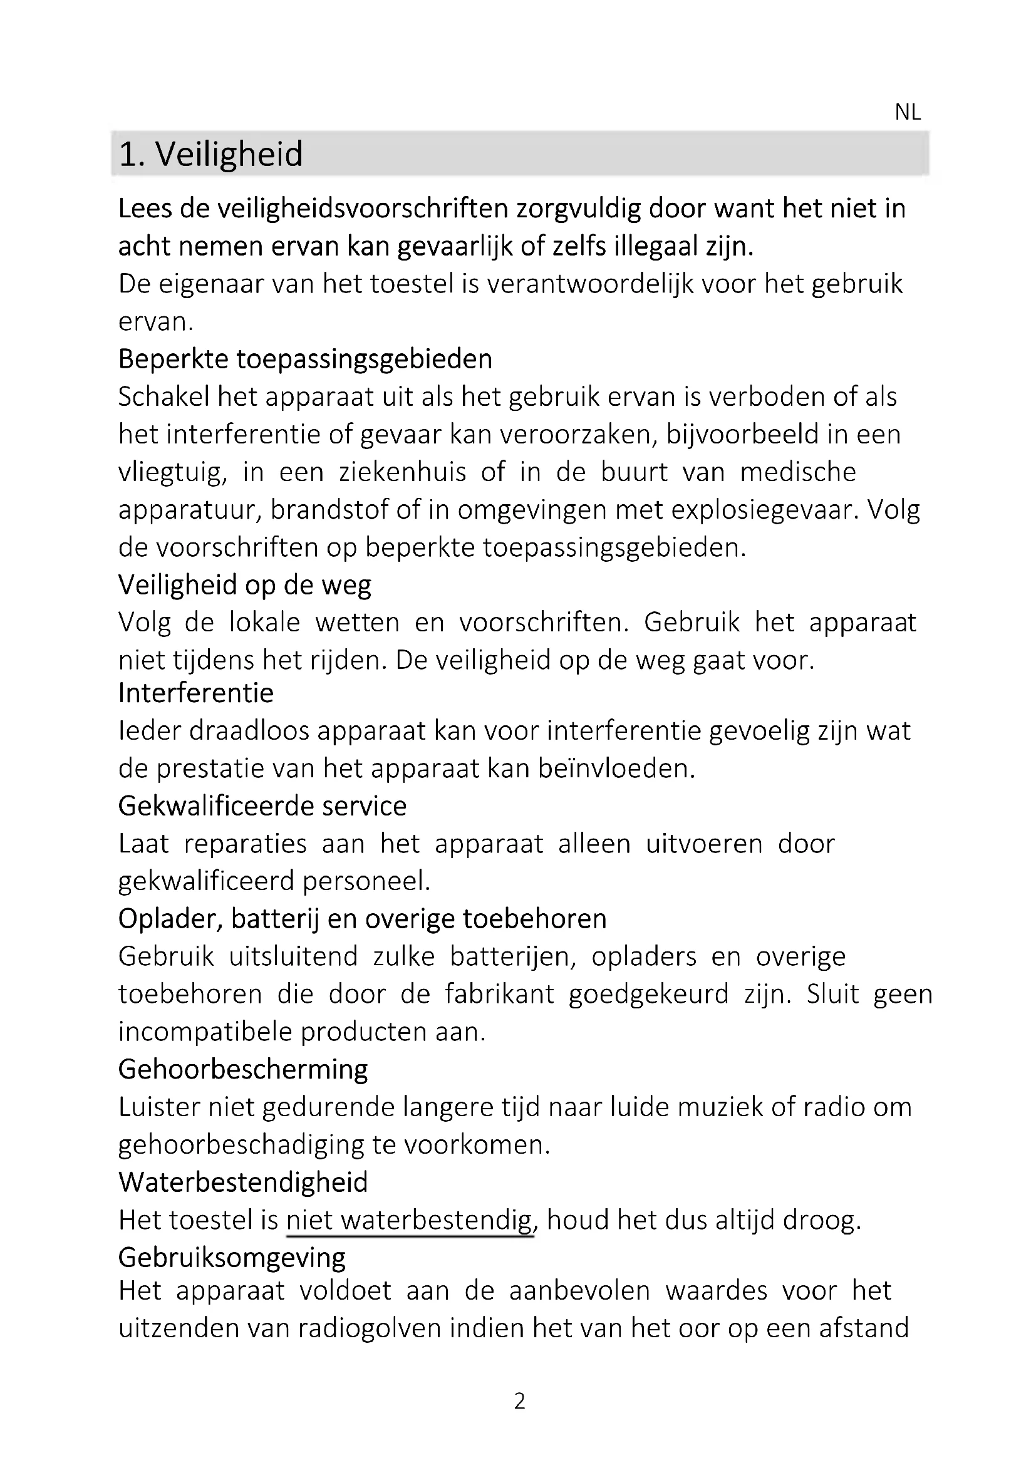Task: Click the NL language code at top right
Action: [907, 112]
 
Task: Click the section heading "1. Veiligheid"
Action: [211, 154]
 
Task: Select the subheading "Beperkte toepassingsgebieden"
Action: [305, 360]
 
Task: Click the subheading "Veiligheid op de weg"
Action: [244, 585]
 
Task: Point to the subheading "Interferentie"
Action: [196, 693]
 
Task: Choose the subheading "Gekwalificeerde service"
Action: [262, 806]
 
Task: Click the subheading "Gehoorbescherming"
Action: [243, 1069]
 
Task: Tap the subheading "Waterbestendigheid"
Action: [243, 1183]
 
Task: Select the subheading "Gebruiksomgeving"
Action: [232, 1258]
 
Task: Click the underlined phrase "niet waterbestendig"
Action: [409, 1220]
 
